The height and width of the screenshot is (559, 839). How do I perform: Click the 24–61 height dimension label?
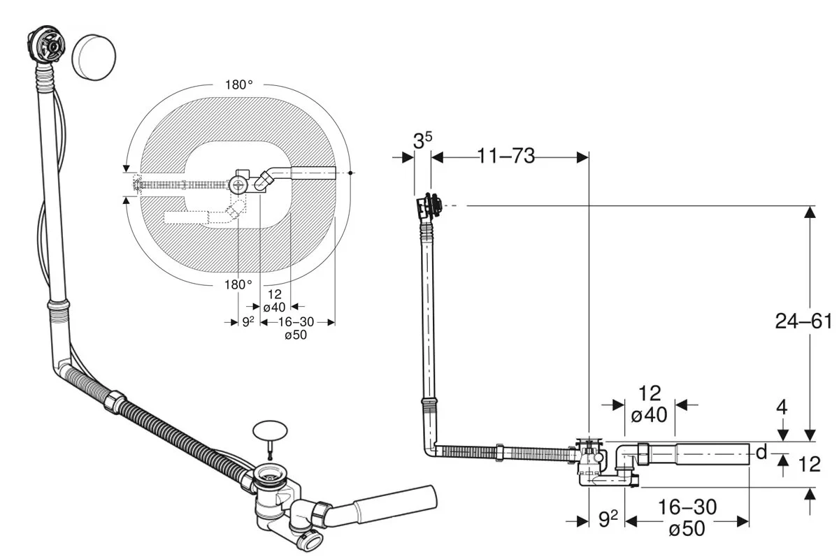[803, 321]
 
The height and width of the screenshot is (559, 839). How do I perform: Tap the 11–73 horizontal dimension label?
[506, 156]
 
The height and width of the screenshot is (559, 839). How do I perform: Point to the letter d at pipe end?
[761, 453]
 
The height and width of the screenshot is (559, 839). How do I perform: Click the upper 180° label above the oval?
[238, 85]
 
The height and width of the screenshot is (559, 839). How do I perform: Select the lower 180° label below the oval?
[238, 284]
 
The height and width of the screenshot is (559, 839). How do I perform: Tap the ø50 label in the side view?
[687, 529]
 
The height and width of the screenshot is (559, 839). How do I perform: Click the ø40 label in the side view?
[649, 415]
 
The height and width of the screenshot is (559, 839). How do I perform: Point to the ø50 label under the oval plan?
[296, 335]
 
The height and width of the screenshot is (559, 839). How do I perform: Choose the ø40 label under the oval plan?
[273, 307]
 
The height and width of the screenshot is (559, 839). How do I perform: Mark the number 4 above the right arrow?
[782, 407]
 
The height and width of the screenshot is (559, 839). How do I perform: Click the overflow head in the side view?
[428, 205]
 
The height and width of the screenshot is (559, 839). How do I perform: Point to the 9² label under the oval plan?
[248, 322]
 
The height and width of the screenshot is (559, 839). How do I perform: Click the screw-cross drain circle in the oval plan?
[238, 185]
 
